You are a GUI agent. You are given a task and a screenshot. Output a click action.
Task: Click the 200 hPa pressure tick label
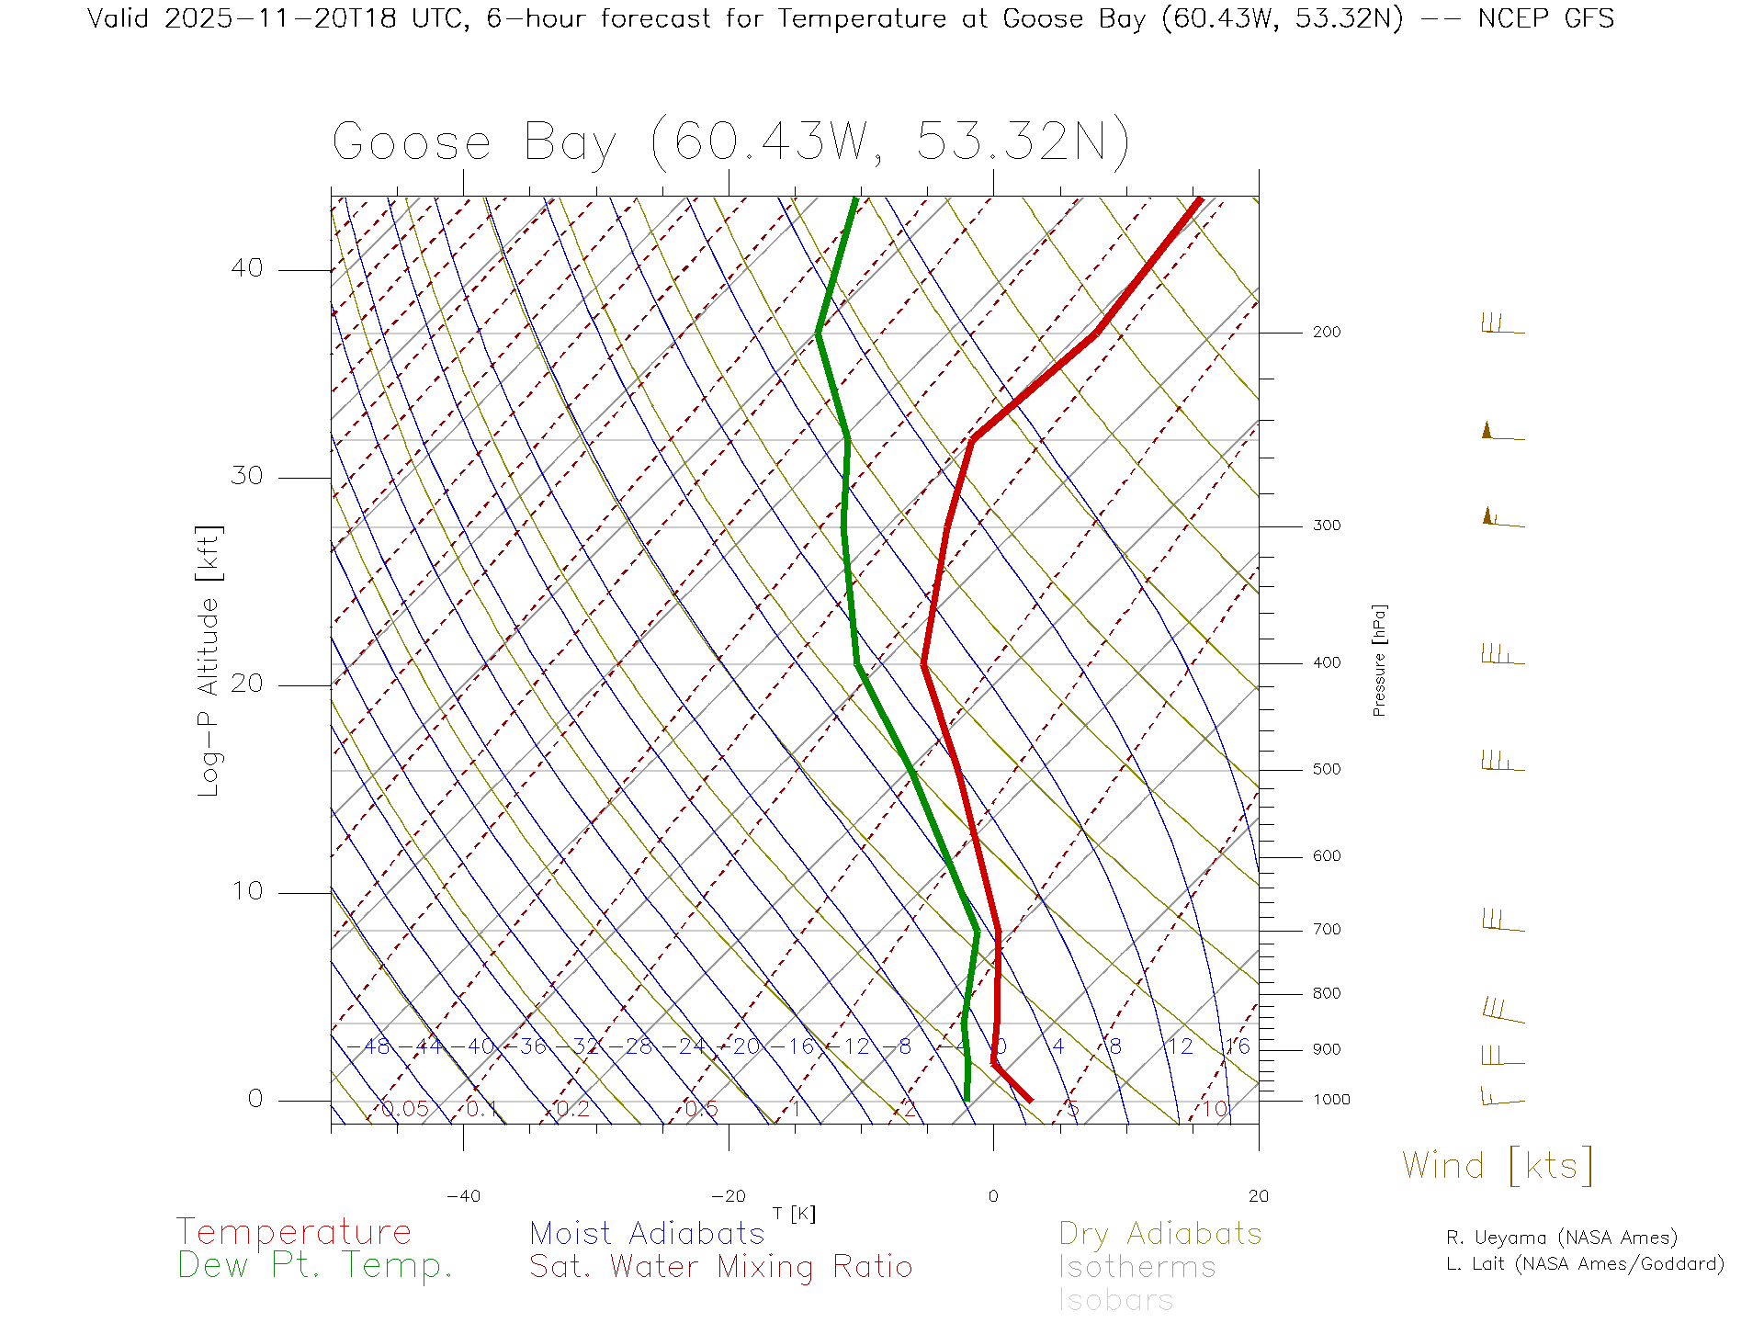tap(1326, 333)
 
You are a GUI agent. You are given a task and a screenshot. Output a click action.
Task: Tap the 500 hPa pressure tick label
tap(1326, 770)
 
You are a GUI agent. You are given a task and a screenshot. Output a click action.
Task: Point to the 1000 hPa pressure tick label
tap(1331, 1100)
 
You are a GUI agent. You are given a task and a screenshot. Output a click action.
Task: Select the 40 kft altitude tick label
tap(246, 269)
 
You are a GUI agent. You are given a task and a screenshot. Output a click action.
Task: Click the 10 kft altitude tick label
tap(246, 891)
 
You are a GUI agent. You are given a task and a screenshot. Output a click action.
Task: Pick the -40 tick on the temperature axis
tap(463, 1196)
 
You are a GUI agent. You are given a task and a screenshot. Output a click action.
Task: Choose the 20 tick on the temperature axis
tap(1258, 1196)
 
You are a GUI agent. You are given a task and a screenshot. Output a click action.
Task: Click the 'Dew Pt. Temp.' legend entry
tap(315, 1266)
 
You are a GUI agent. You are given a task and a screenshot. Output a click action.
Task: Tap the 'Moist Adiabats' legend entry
tap(647, 1233)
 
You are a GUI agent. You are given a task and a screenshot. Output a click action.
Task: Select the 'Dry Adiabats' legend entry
tap(1159, 1233)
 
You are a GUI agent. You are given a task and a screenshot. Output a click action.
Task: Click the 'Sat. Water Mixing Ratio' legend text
tap(720, 1267)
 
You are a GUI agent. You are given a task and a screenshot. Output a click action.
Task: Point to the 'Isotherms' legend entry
tap(1136, 1267)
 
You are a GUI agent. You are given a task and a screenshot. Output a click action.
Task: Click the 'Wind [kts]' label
tap(1497, 1166)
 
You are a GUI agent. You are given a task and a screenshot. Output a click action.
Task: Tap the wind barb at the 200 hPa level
tap(1502, 325)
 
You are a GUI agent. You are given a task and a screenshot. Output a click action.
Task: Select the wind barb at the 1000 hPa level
tap(1502, 1096)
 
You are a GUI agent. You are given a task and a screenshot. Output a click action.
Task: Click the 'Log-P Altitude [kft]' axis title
tap(209, 661)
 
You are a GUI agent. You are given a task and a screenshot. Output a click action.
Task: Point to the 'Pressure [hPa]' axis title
tap(1379, 660)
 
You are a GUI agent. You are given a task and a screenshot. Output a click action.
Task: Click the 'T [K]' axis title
tap(794, 1214)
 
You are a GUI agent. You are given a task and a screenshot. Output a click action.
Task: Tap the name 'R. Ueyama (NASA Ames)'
tap(1561, 1238)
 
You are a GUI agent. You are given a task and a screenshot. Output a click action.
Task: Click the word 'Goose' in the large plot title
tap(412, 143)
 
